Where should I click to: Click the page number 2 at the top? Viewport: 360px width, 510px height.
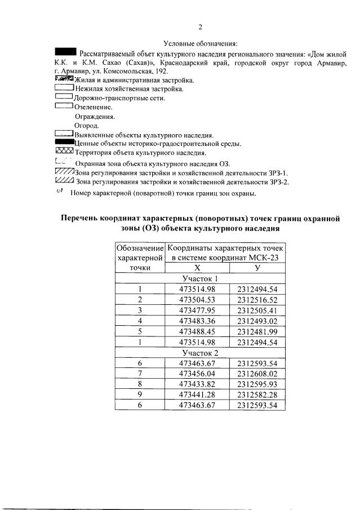coord(200,27)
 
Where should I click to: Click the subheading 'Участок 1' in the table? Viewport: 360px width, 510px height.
coord(201,278)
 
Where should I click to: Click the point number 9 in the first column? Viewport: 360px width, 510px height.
coord(139,395)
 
